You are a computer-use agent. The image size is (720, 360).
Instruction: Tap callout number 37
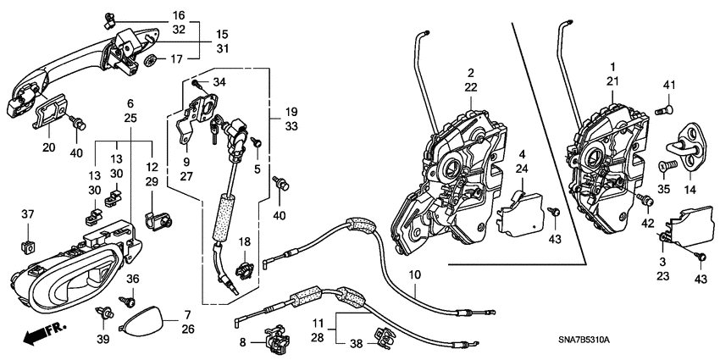pos(27,213)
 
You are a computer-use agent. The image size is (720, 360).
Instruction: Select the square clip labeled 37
pos(28,246)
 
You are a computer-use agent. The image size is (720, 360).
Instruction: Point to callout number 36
pos(132,279)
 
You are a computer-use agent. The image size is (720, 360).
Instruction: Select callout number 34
pos(220,81)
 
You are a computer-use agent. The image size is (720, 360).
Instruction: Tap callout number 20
pos(47,148)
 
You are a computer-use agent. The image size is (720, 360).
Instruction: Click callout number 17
pos(176,59)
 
